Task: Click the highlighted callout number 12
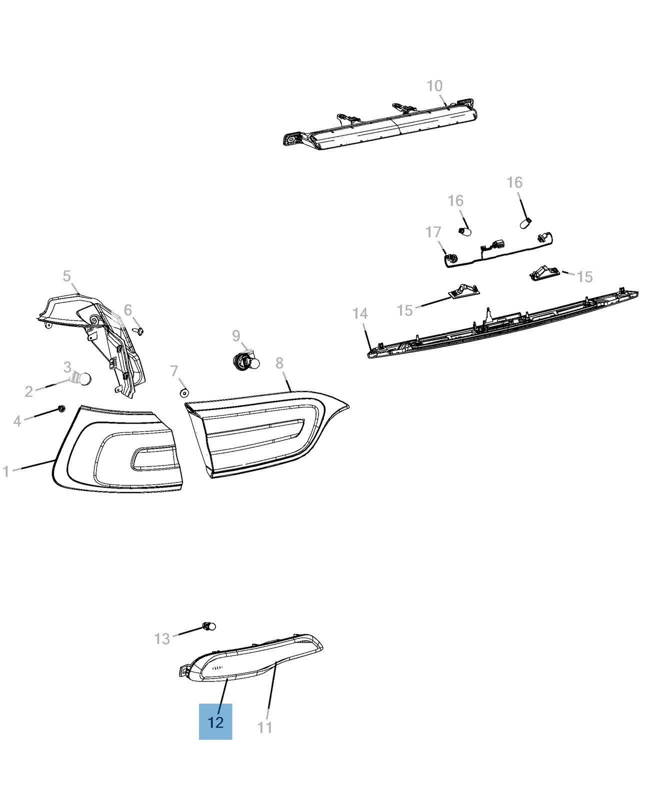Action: (215, 722)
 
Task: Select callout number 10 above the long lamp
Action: (434, 86)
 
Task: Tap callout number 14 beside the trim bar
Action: (360, 313)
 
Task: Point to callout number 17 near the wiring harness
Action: (433, 232)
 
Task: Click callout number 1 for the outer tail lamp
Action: (6, 471)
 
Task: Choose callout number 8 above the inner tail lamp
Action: (279, 363)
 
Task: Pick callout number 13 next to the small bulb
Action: (162, 638)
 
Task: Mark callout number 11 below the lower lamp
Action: (265, 727)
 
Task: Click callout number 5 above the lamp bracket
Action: (67, 276)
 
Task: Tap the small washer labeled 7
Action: (184, 392)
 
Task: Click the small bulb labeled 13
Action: (209, 625)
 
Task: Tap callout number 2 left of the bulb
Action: (29, 391)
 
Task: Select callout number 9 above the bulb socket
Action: (236, 336)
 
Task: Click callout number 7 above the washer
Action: (174, 371)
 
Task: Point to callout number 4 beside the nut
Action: (17, 421)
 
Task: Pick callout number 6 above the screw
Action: (128, 310)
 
